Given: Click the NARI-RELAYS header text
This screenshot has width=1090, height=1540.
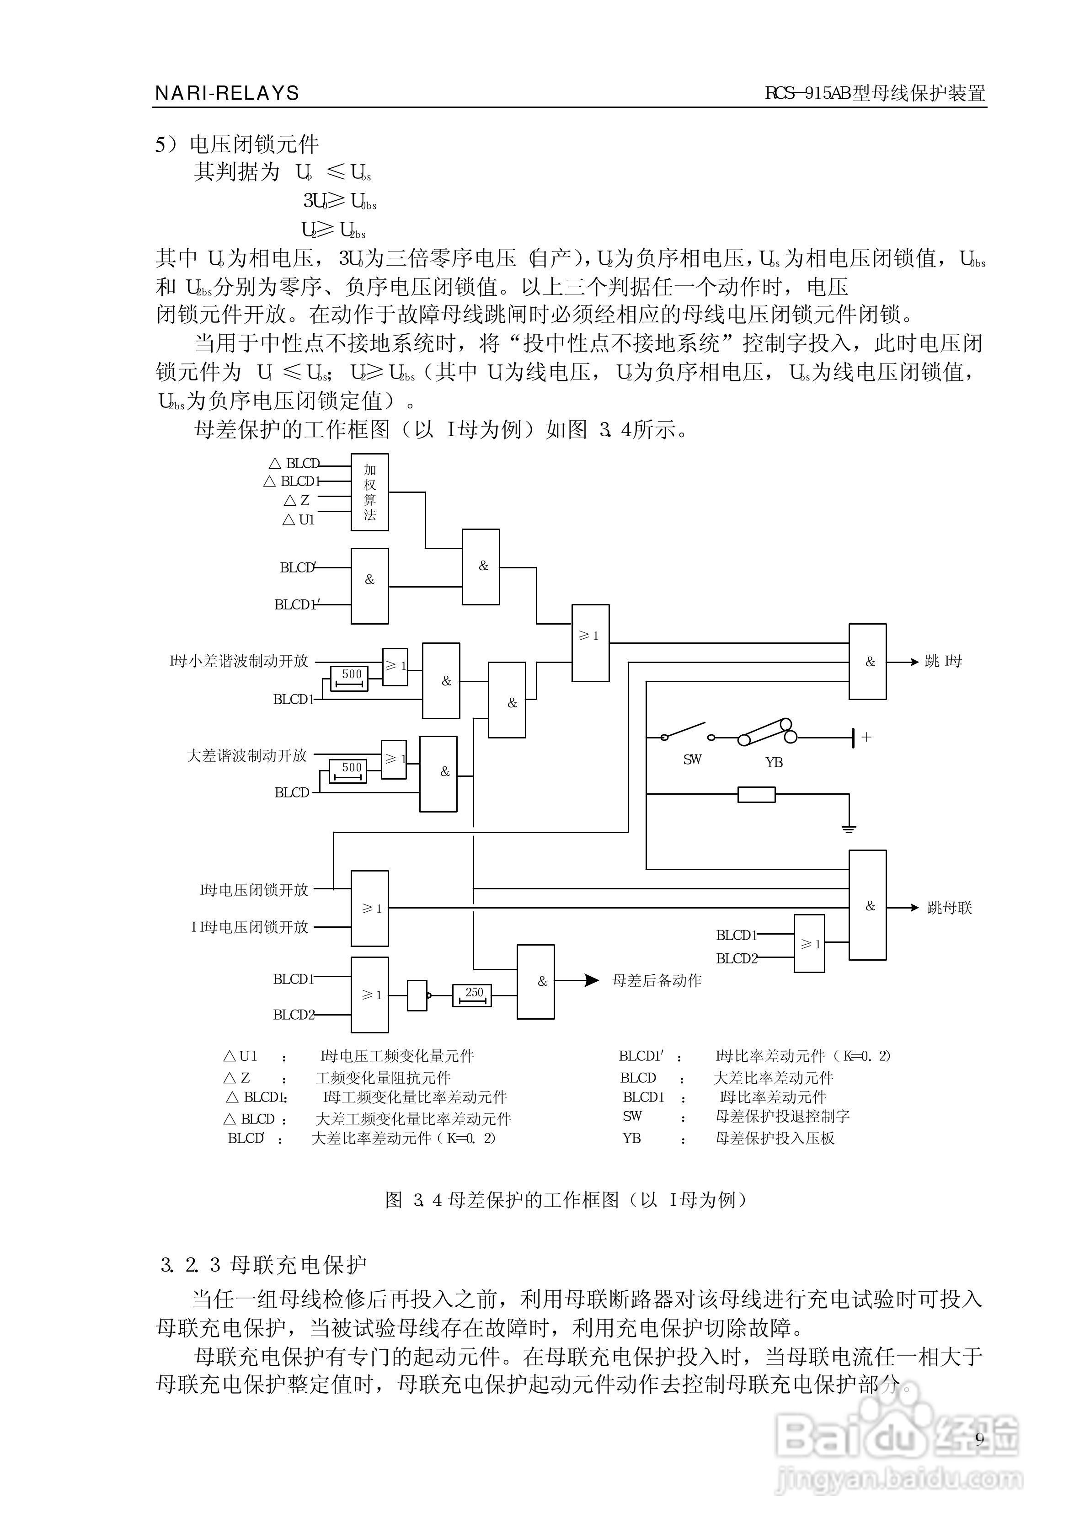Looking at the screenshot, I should pyautogui.click(x=227, y=93).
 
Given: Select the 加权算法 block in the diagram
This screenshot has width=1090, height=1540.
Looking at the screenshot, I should pyautogui.click(x=370, y=492).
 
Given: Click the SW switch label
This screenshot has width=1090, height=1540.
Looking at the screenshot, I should pyautogui.click(x=692, y=759).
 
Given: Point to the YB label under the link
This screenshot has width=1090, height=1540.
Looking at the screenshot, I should pyautogui.click(x=774, y=762).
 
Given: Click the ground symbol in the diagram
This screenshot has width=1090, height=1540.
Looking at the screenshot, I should pyautogui.click(x=849, y=828).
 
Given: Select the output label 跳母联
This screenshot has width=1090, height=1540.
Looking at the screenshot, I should pyautogui.click(x=949, y=908).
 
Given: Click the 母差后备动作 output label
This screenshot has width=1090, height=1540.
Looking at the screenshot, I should pyautogui.click(x=657, y=980).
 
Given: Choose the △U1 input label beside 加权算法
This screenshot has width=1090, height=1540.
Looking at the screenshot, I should pyautogui.click(x=298, y=519).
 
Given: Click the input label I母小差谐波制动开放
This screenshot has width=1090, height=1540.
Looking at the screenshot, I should pyautogui.click(x=239, y=661).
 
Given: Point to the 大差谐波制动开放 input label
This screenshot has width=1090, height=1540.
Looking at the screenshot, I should pyautogui.click(x=246, y=755).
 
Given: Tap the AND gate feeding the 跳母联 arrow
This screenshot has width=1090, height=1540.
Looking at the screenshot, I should pyautogui.click(x=867, y=905).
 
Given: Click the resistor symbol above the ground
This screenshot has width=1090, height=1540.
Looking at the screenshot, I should pyautogui.click(x=756, y=795).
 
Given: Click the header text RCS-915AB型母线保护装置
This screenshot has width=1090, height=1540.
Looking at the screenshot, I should pyautogui.click(x=875, y=93).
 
